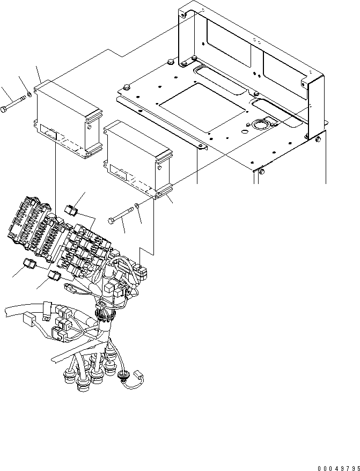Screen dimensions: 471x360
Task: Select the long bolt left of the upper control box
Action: tap(14, 105)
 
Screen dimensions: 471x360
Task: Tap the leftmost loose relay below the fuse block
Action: tap(30, 264)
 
